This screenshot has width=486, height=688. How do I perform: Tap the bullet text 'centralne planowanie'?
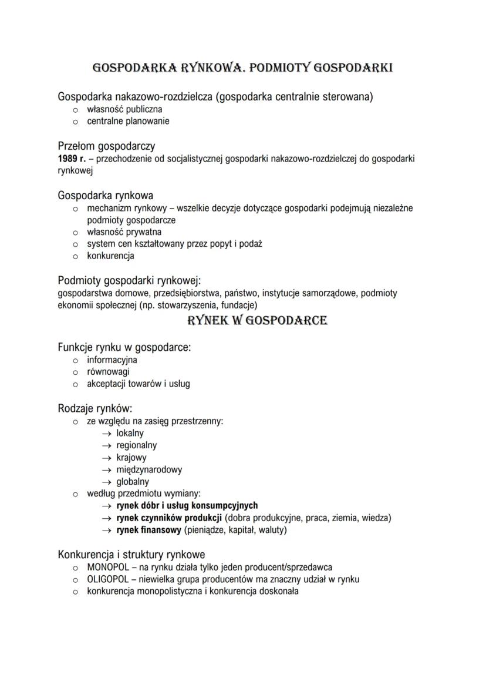128,121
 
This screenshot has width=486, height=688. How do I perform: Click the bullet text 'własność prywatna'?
124,232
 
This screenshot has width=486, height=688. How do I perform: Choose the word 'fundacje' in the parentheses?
235,306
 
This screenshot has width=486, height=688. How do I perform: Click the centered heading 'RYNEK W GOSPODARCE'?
256,321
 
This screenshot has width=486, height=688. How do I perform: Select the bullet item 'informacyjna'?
112,360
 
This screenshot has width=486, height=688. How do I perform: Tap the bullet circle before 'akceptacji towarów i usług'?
75,384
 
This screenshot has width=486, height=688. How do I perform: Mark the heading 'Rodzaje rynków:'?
95,408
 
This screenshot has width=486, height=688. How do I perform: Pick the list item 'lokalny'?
130,434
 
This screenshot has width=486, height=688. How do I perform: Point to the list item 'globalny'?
132,482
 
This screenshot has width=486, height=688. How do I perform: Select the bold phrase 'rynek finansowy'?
148,530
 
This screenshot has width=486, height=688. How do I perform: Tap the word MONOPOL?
108,568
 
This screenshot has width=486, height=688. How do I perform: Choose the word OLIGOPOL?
108,579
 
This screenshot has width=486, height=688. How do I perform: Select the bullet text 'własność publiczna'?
124,109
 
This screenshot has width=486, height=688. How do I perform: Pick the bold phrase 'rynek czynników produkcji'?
168,518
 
